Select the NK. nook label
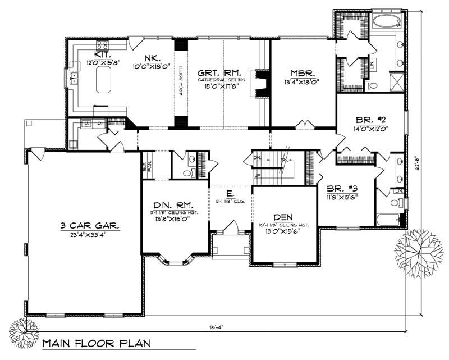[x=149, y=57]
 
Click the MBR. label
[x=302, y=73]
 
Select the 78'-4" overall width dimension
[x=215, y=327]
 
